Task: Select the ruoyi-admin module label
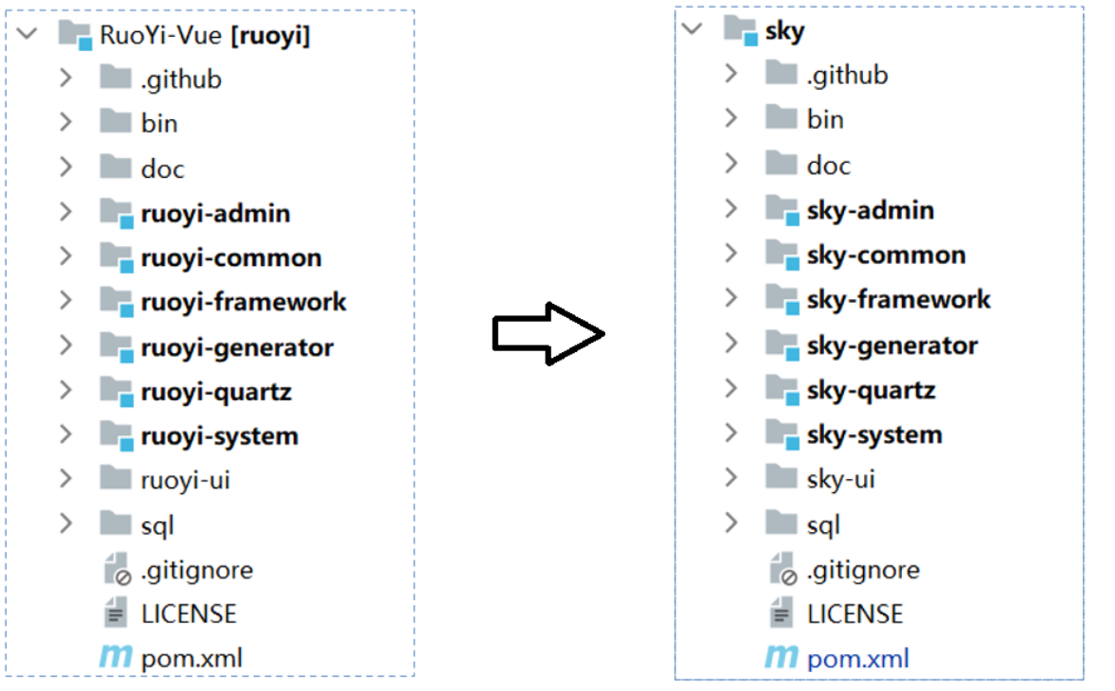[215, 213]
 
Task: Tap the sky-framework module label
[898, 299]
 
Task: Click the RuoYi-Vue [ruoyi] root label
[205, 36]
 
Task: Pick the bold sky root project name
[784, 31]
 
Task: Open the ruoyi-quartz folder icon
[116, 391]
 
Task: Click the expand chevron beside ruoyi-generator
[65, 346]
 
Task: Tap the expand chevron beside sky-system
[731, 433]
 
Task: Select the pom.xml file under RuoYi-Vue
[192, 658]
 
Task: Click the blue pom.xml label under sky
[857, 659]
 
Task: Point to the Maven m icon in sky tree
[781, 657]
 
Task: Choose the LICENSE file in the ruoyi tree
[189, 613]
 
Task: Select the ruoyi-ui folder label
[185, 480]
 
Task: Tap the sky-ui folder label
[840, 479]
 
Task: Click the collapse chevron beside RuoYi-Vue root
[27, 34]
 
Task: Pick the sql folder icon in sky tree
[781, 523]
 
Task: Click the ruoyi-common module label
[231, 257]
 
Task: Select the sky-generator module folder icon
[782, 345]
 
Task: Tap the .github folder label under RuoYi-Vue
[181, 80]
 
